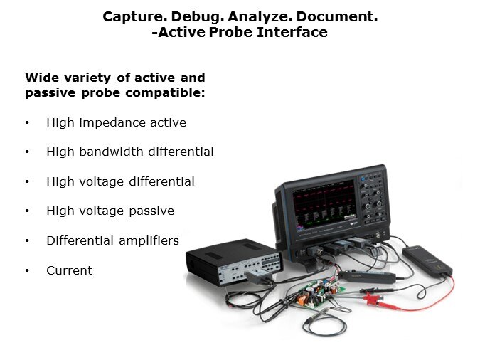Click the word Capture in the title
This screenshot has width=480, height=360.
[x=132, y=16]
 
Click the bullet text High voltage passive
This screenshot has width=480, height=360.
[x=110, y=211]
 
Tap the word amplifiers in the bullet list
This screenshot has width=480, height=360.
[x=149, y=240]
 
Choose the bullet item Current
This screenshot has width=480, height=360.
[x=70, y=270]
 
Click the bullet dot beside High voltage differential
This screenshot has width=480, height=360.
[x=27, y=181]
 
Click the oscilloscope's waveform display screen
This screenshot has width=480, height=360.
[x=324, y=205]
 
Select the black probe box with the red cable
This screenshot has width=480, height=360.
[x=427, y=260]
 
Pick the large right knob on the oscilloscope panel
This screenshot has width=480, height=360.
[x=379, y=204]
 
